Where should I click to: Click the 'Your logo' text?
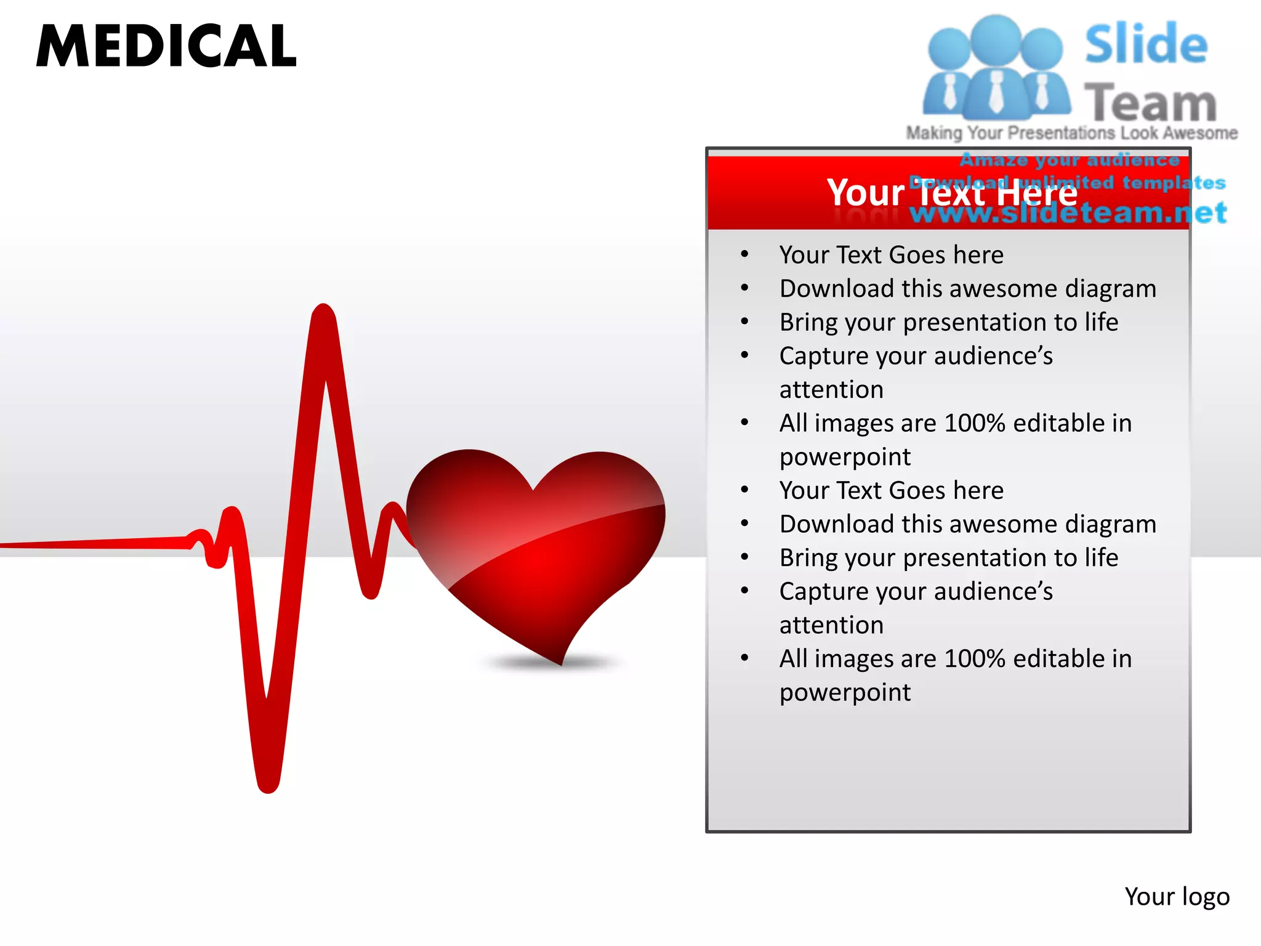coord(1177,897)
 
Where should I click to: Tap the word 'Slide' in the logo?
coord(1145,44)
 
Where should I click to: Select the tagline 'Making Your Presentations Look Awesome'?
coord(1071,133)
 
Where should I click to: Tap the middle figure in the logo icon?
coord(996,68)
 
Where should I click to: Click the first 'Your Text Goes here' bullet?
coord(891,255)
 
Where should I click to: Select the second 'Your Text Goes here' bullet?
coord(891,491)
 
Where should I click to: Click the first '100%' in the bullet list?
coord(975,424)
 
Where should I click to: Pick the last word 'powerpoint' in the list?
coord(845,693)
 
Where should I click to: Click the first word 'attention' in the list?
coord(831,390)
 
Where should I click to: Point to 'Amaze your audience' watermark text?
coord(1070,160)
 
